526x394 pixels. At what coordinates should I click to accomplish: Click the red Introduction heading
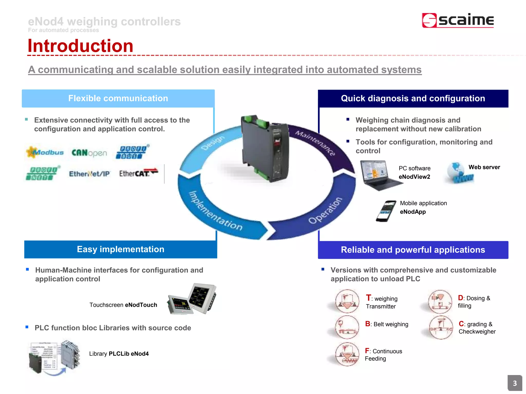tap(80, 46)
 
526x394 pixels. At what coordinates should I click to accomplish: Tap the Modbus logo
tap(45, 152)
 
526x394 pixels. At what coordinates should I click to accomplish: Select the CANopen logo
tap(89, 153)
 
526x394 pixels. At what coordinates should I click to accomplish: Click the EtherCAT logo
tap(138, 173)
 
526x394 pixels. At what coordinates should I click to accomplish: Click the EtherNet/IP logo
tap(89, 174)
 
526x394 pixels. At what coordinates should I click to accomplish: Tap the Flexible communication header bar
tap(118, 98)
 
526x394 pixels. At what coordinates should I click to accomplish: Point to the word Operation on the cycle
tap(325, 210)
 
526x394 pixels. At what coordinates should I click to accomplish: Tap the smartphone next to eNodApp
tap(386, 211)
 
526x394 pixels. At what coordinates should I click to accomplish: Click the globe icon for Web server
tap(458, 173)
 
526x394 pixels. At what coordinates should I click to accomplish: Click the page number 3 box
tap(514, 383)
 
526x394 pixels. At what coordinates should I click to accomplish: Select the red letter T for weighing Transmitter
tap(368, 298)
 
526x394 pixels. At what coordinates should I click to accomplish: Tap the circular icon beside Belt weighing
tap(347, 327)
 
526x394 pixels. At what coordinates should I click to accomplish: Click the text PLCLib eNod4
tap(129, 354)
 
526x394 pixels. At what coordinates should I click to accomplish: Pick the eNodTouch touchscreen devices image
tap(192, 299)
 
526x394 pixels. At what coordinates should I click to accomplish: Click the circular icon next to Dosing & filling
tap(440, 301)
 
